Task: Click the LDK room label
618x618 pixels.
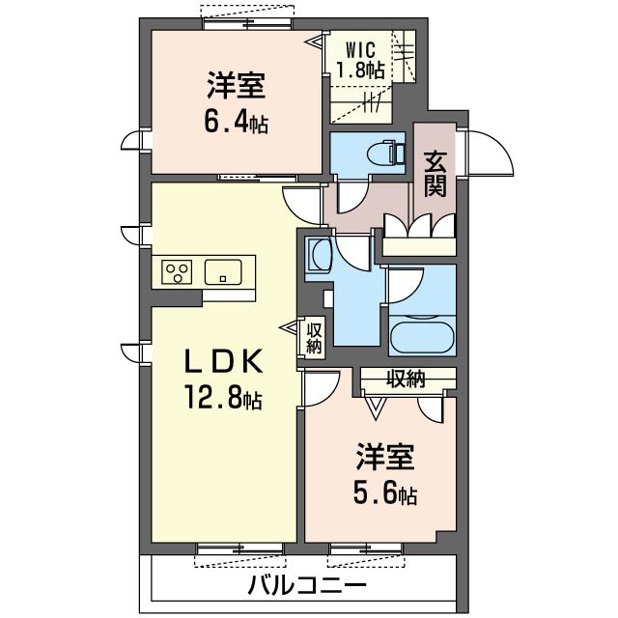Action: (223, 361)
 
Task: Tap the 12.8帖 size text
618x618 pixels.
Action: (223, 397)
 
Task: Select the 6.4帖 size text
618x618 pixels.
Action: (234, 123)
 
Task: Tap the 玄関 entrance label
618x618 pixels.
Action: (436, 174)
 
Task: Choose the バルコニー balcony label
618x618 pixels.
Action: (307, 585)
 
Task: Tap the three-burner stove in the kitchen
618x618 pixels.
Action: (176, 271)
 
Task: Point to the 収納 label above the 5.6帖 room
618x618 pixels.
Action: (407, 379)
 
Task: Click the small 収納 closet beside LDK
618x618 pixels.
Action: (314, 338)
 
